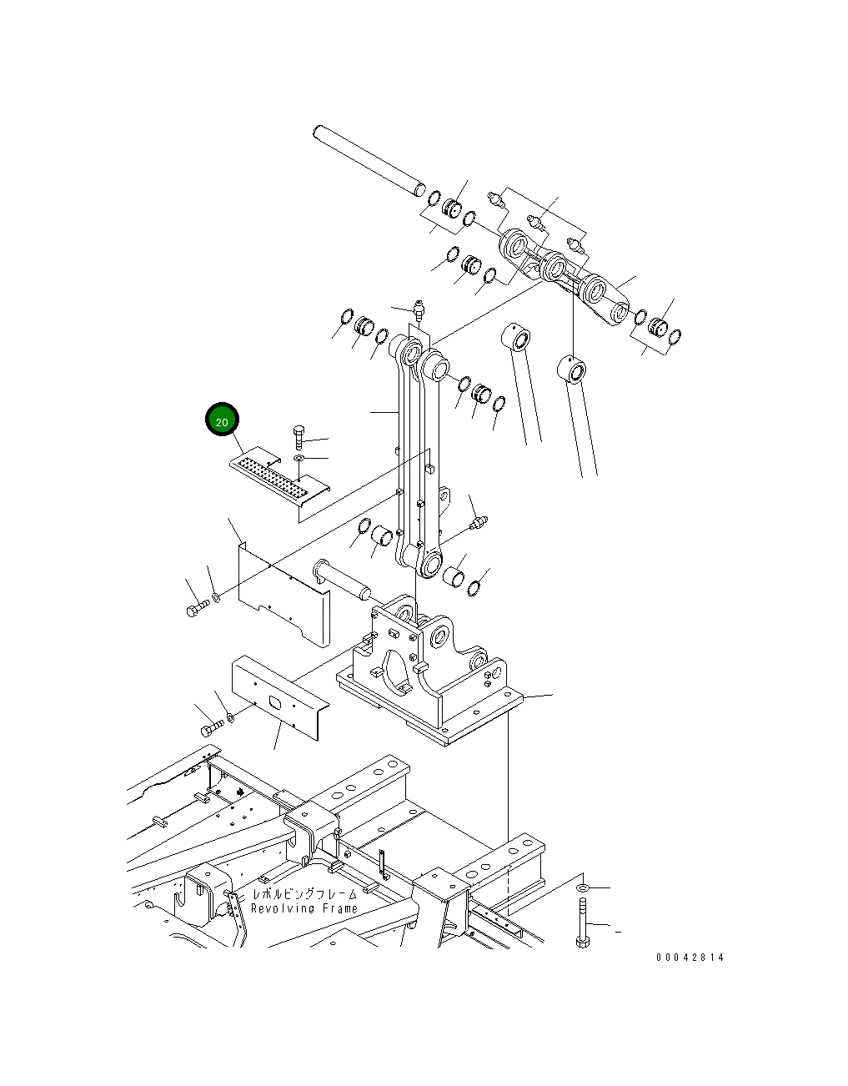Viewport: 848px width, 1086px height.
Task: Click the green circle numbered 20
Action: pyautogui.click(x=222, y=421)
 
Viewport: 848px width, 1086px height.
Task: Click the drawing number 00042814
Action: pyautogui.click(x=689, y=957)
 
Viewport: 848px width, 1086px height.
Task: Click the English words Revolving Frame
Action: pyautogui.click(x=304, y=908)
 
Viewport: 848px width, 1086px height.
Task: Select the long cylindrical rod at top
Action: pyautogui.click(x=367, y=159)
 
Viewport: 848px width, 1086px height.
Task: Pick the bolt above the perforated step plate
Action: pyautogui.click(x=299, y=436)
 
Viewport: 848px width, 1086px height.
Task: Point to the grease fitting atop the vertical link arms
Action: pyautogui.click(x=417, y=309)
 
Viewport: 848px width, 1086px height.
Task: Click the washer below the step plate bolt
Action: pyautogui.click(x=299, y=459)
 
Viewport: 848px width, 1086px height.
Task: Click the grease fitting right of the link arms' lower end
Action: pyautogui.click(x=477, y=523)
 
